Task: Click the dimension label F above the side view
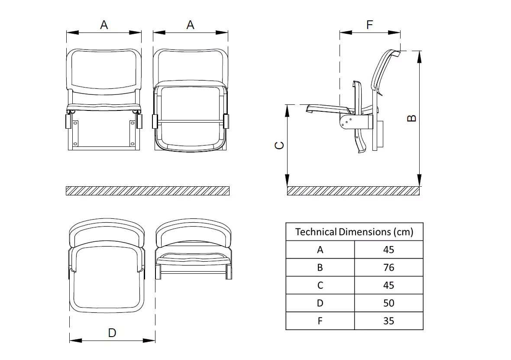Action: (369, 25)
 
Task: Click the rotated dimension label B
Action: (412, 118)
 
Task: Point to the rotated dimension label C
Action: (280, 146)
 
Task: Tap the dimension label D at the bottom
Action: (112, 333)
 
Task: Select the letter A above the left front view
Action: (104, 25)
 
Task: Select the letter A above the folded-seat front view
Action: (191, 25)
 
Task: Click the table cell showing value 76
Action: (388, 267)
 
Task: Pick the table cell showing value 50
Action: (388, 303)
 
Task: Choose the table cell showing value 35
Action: (388, 321)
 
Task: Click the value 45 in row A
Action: (388, 250)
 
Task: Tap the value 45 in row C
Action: (388, 285)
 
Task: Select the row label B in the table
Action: (320, 267)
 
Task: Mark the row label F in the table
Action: (320, 321)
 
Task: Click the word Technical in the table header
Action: (316, 232)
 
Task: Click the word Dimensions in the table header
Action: (365, 232)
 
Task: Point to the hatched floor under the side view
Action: (353, 191)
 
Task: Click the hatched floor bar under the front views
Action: (147, 191)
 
